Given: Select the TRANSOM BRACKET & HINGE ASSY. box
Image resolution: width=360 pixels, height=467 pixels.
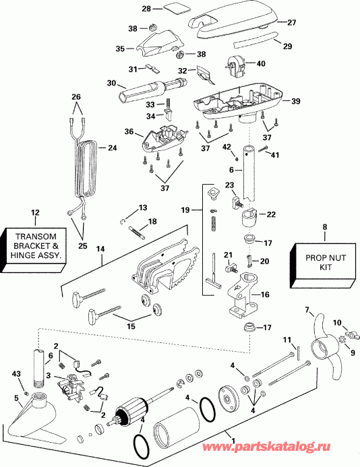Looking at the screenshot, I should click(36, 245).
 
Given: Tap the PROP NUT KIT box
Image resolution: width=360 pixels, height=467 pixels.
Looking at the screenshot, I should click(324, 261).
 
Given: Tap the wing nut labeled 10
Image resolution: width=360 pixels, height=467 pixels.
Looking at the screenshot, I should click(351, 333).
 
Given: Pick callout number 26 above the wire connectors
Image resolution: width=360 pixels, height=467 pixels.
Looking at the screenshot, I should click(76, 96).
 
